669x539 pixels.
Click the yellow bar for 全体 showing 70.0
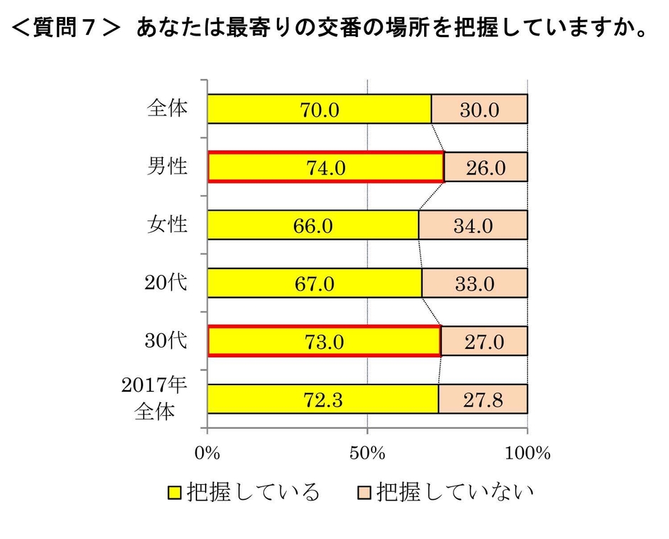319,109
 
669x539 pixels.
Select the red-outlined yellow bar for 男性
325,167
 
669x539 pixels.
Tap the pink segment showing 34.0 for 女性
473,225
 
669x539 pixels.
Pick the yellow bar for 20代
314,283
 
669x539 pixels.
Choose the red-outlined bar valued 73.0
324,341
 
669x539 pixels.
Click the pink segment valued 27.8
483,399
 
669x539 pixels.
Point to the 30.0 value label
480,110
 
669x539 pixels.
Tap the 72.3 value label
323,399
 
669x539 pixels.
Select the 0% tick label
207,452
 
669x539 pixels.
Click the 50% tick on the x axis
367,452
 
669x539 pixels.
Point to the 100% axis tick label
527,452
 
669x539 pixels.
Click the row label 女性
167,224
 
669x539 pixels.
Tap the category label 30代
166,340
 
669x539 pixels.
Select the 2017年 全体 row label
155,398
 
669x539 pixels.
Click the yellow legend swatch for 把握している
174,492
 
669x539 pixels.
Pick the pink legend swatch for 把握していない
363,492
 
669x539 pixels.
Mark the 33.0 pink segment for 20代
474,283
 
